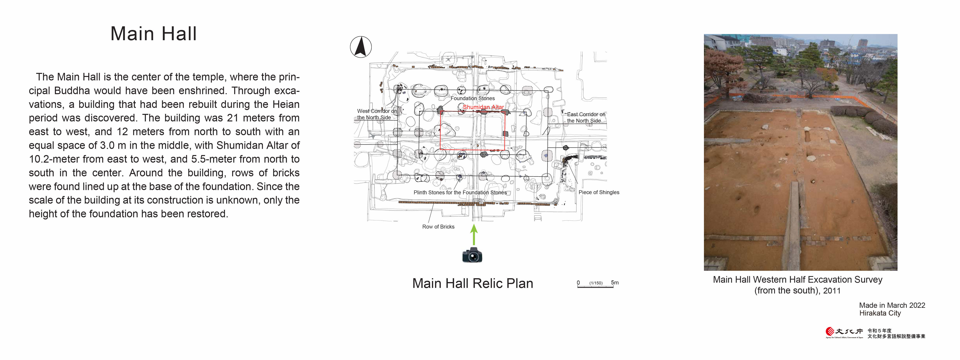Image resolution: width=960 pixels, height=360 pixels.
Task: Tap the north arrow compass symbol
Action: tap(361, 47)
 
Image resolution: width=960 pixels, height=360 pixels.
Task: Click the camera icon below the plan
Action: tap(472, 255)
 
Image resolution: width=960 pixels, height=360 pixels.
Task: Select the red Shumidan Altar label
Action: tap(483, 107)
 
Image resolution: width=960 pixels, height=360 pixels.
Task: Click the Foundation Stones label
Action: tap(472, 98)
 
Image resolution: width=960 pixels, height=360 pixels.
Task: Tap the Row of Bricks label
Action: tap(438, 227)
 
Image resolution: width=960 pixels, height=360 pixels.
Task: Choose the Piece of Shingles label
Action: tap(599, 192)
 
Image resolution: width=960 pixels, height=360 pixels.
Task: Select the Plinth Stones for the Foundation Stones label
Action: tap(460, 192)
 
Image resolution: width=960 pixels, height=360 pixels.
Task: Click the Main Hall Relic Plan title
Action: tap(472, 283)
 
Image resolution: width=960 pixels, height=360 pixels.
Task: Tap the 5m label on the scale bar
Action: tap(615, 282)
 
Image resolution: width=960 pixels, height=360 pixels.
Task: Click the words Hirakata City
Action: tap(880, 313)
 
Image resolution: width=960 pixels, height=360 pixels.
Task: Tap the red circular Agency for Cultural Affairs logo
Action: tap(830, 331)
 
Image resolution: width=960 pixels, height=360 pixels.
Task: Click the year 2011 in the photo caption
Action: tap(832, 291)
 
